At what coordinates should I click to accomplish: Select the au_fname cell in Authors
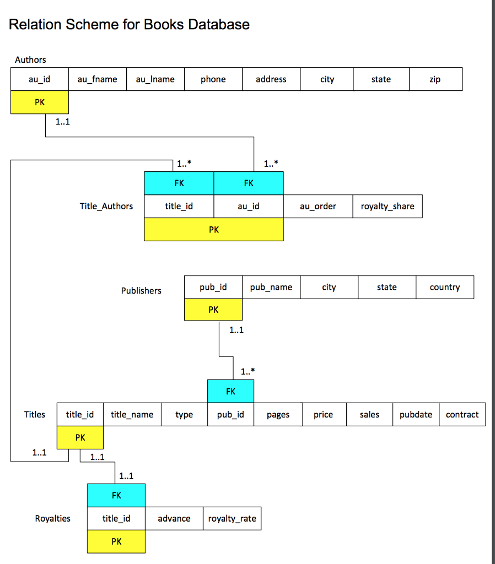(x=97, y=79)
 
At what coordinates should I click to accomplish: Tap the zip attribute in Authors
(x=435, y=79)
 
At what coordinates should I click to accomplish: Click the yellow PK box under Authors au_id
(x=40, y=102)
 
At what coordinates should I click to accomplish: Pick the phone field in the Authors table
(x=213, y=79)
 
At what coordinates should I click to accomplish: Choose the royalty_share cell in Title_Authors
(x=388, y=207)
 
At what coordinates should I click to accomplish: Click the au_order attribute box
(x=318, y=207)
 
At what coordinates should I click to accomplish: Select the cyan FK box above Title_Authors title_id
(x=179, y=183)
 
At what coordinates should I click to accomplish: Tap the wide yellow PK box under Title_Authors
(x=214, y=230)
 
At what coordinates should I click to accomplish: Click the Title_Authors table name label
(x=106, y=207)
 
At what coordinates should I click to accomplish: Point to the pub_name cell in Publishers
(x=271, y=287)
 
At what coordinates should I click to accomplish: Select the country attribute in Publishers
(x=445, y=287)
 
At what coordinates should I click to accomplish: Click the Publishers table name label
(x=141, y=291)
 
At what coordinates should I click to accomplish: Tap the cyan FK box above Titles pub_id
(x=230, y=391)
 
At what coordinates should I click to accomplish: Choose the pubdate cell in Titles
(x=416, y=415)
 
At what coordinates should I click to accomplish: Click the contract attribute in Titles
(x=462, y=415)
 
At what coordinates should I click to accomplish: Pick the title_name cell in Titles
(x=132, y=415)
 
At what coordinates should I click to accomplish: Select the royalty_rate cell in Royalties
(x=232, y=519)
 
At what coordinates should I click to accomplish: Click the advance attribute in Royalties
(x=174, y=519)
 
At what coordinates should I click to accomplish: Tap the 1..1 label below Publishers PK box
(x=236, y=330)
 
